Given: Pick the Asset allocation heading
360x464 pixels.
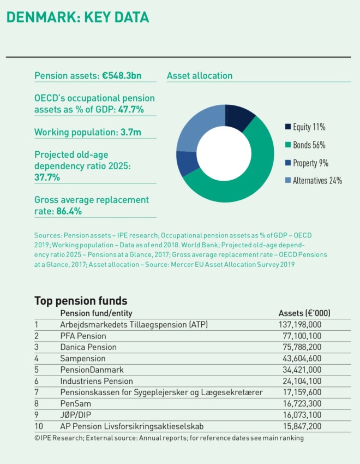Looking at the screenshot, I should [x=200, y=76].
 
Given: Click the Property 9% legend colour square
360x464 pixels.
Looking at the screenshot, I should [x=287, y=163].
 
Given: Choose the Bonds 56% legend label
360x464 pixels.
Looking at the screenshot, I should [x=309, y=145].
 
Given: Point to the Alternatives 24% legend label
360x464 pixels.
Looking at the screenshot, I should [x=317, y=181].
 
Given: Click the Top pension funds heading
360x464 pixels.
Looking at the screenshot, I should [x=81, y=301].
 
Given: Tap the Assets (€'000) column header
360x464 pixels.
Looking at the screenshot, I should [x=304, y=313].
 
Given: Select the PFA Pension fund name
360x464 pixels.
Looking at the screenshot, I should [x=83, y=336].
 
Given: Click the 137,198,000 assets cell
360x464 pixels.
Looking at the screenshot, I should [x=299, y=325].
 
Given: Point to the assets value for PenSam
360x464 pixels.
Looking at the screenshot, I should [x=302, y=404].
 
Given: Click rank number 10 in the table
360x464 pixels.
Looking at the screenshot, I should [x=38, y=426].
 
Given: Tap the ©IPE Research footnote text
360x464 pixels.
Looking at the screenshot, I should [x=169, y=438].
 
